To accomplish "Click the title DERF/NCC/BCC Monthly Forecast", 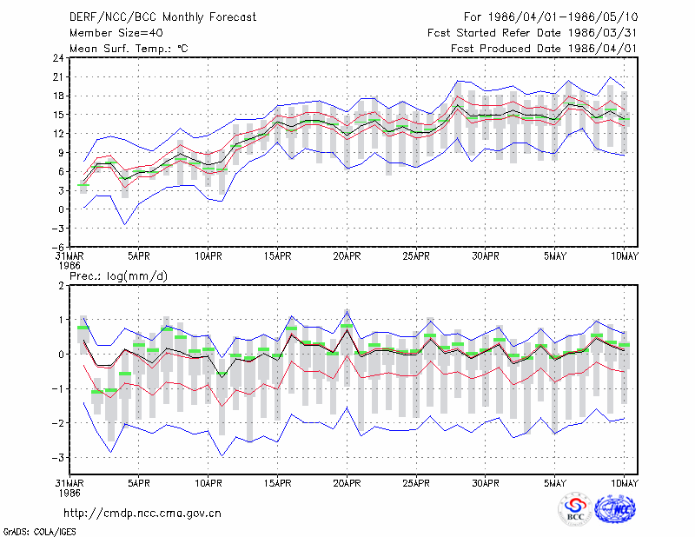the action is pyautogui.click(x=162, y=17).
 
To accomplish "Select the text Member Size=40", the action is pyautogui.click(x=116, y=33).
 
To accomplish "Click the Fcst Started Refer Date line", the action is pyautogui.click(x=533, y=33).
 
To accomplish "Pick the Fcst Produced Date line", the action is pyautogui.click(x=544, y=49).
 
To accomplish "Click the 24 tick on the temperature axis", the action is pyautogui.click(x=58, y=58).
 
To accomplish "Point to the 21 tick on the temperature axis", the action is pyautogui.click(x=58, y=77).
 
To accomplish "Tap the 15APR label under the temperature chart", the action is pyautogui.click(x=277, y=256).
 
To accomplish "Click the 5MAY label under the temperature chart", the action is pyautogui.click(x=555, y=256).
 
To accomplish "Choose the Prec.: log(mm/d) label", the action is pyautogui.click(x=118, y=276).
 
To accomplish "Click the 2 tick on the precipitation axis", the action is pyautogui.click(x=61, y=286).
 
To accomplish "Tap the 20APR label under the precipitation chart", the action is pyautogui.click(x=347, y=483).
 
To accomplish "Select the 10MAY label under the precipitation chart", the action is pyautogui.click(x=625, y=483).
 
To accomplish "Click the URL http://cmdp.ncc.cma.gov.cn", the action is pyautogui.click(x=142, y=514).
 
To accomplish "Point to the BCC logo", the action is pyautogui.click(x=575, y=509).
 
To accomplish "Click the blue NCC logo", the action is pyautogui.click(x=615, y=509).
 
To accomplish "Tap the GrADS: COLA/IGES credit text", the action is pyautogui.click(x=39, y=532).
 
